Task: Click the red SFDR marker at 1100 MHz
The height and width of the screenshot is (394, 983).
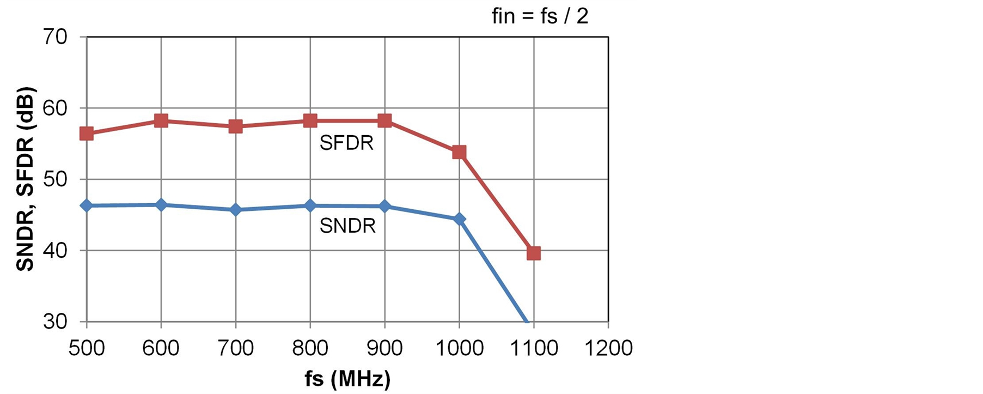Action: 534,253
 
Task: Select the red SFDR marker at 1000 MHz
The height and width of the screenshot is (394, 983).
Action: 459,152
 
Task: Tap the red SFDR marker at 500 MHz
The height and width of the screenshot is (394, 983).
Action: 87,134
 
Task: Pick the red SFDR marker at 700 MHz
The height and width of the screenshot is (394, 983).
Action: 236,126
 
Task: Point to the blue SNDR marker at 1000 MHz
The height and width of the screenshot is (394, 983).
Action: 459,219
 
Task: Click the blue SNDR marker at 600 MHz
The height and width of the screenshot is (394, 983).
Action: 161,205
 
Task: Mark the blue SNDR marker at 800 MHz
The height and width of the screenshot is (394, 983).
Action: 310,205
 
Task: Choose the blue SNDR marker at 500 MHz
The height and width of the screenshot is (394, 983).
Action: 87,205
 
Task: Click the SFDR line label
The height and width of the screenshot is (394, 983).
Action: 346,143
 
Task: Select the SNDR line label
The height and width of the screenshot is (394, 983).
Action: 347,226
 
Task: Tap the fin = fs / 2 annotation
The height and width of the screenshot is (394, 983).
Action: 540,16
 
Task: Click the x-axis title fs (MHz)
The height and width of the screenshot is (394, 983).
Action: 348,378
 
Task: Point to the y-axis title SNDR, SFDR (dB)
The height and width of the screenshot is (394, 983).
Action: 25,179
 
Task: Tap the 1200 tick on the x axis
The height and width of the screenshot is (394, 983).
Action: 608,348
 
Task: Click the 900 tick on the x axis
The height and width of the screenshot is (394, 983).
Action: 384,348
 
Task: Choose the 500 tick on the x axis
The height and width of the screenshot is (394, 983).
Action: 87,348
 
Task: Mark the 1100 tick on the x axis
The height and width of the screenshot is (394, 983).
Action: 534,348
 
